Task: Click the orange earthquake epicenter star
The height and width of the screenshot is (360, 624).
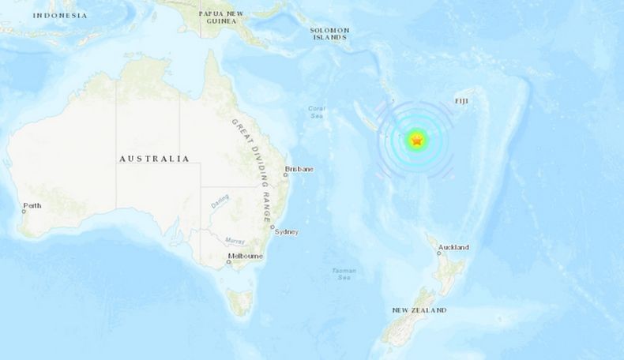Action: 416,141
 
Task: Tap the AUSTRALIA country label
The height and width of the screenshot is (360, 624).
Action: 154,159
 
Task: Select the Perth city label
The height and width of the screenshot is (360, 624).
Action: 32,205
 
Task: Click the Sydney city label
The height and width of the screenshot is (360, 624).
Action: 285,231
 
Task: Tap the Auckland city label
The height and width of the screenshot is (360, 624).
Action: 454,247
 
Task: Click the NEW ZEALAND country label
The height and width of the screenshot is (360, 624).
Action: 419,310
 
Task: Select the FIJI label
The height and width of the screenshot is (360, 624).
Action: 461,102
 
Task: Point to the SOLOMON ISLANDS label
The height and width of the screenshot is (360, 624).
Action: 329,32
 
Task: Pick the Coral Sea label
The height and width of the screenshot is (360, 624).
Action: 316,112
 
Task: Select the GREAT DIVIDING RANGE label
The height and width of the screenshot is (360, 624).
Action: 254,169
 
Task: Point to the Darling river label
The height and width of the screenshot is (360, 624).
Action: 220,202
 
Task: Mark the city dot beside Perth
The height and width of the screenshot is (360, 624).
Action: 24,211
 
